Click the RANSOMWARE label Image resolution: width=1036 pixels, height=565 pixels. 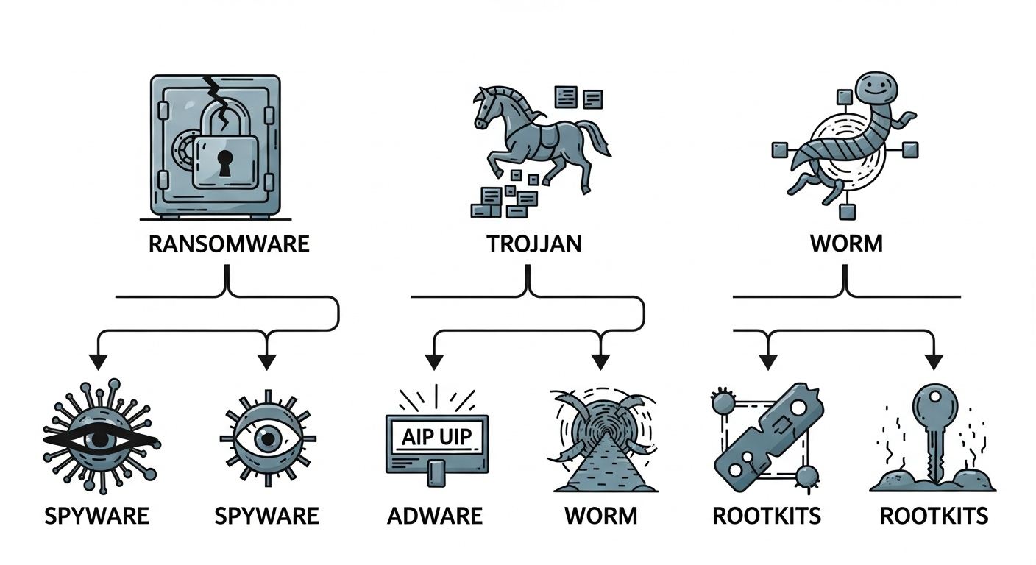(x=228, y=244)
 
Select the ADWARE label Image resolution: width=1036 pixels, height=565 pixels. (x=435, y=516)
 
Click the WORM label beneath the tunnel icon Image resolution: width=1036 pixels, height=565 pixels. (x=600, y=516)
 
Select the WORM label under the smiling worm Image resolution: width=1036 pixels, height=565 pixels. (x=845, y=244)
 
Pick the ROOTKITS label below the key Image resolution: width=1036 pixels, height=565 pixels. (x=934, y=516)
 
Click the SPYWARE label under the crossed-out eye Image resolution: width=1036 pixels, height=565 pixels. (x=96, y=516)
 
